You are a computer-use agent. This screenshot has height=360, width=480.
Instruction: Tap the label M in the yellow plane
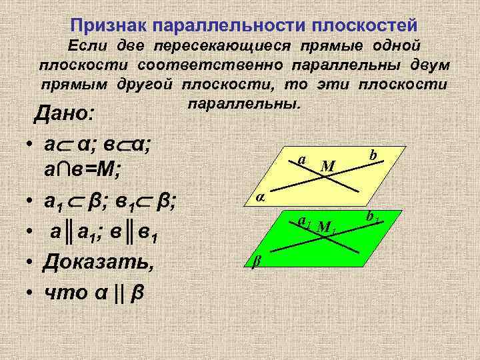click(327, 165)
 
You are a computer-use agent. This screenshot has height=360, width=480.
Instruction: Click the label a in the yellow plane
click(302, 160)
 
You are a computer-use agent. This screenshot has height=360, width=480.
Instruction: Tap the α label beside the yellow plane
click(261, 197)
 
